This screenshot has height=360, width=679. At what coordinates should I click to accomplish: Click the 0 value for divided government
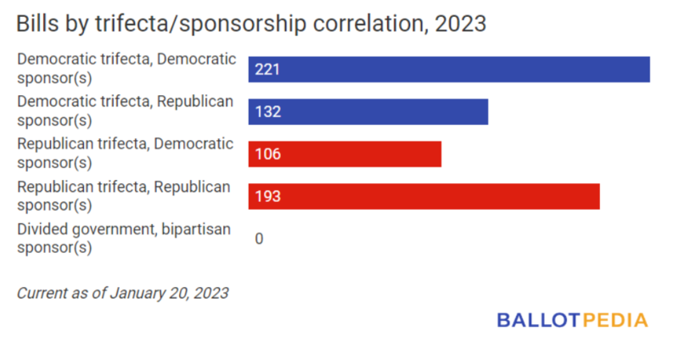[x=259, y=239]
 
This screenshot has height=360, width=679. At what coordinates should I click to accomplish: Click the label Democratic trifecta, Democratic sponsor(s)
[x=125, y=69]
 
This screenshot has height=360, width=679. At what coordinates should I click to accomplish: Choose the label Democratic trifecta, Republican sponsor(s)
[x=125, y=111]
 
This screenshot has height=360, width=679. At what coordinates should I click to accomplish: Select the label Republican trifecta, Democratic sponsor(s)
[x=125, y=154]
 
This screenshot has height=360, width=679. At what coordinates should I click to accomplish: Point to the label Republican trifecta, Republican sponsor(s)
[x=125, y=196]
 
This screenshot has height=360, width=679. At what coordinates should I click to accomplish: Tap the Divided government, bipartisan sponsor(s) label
[x=125, y=239]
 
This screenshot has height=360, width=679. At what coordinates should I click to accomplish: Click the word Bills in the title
[x=36, y=24]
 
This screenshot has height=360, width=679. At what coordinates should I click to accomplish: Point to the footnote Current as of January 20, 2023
[x=123, y=293]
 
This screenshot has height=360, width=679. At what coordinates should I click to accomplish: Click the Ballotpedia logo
[x=572, y=320]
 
